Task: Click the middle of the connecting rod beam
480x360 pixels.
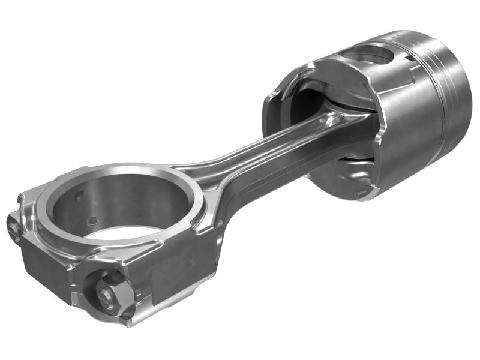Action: click(252, 156)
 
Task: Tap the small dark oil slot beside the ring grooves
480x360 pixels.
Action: click(408, 58)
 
